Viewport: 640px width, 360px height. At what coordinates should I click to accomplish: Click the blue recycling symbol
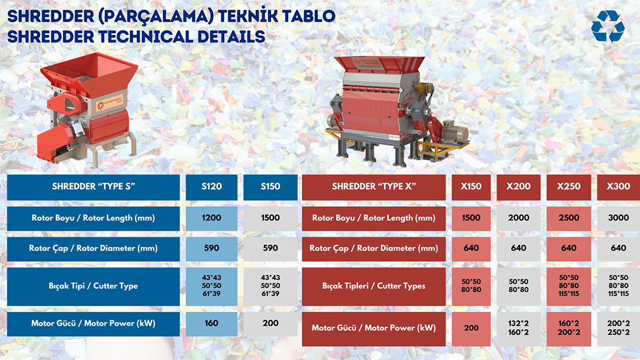[x=608, y=27]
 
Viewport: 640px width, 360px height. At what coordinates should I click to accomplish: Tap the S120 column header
[x=211, y=187]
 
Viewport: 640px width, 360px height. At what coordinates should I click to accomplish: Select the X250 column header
[x=568, y=187]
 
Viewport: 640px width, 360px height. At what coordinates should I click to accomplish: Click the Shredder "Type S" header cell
[x=94, y=187]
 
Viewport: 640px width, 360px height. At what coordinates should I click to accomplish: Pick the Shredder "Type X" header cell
[x=374, y=187]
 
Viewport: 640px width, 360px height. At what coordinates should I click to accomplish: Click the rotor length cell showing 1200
[x=211, y=218]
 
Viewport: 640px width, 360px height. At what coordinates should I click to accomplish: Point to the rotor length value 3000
[x=618, y=218]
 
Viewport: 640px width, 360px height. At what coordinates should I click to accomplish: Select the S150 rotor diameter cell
[x=270, y=249]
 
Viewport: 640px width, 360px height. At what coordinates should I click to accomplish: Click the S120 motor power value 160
[x=211, y=324]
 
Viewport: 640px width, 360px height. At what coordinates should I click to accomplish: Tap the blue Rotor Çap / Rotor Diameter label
[x=94, y=249]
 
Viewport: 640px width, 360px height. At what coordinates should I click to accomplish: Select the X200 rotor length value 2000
[x=518, y=218]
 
